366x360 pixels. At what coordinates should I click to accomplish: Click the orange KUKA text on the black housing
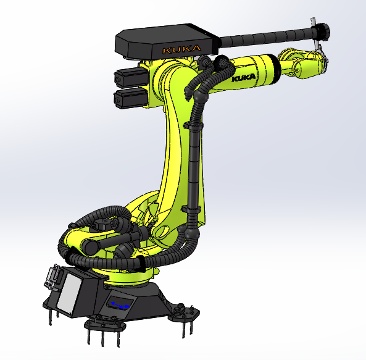180,48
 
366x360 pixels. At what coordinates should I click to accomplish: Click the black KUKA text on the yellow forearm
246,78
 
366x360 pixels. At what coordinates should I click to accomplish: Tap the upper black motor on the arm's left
128,77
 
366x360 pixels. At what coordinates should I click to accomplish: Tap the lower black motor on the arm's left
128,97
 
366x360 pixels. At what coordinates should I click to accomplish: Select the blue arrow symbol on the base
120,304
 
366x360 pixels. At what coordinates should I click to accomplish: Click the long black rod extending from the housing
265,39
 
